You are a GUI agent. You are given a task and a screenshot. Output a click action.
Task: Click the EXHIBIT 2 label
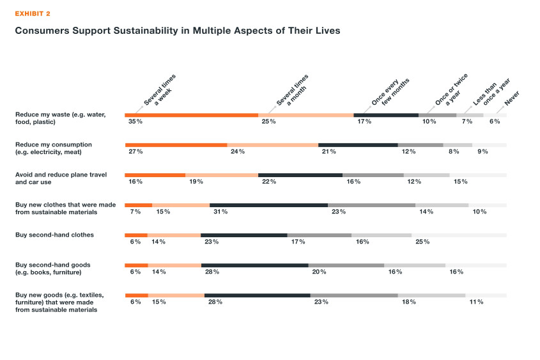click(x=33, y=13)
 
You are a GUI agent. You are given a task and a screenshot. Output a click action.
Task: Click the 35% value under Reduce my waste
click(x=134, y=121)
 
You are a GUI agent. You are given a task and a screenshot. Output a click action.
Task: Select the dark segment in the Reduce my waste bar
click(x=385, y=115)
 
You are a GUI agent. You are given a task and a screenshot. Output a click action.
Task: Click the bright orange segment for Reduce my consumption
click(x=176, y=145)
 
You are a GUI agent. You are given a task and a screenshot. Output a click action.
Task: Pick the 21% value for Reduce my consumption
click(x=329, y=152)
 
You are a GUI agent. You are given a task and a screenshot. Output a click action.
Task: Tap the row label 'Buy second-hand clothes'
click(x=54, y=235)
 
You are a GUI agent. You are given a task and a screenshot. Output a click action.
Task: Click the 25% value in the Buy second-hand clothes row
click(x=422, y=242)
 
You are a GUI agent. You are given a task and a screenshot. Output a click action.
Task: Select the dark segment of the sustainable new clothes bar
click(x=268, y=205)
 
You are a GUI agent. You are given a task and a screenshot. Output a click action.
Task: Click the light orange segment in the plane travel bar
click(x=221, y=175)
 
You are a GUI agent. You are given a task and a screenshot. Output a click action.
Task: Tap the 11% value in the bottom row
click(x=476, y=301)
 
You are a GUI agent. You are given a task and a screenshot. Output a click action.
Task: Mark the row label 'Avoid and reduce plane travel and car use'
click(x=61, y=178)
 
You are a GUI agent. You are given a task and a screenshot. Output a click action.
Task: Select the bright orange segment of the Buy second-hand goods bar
click(x=136, y=265)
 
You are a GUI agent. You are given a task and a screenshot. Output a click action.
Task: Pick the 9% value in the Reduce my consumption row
click(x=482, y=152)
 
